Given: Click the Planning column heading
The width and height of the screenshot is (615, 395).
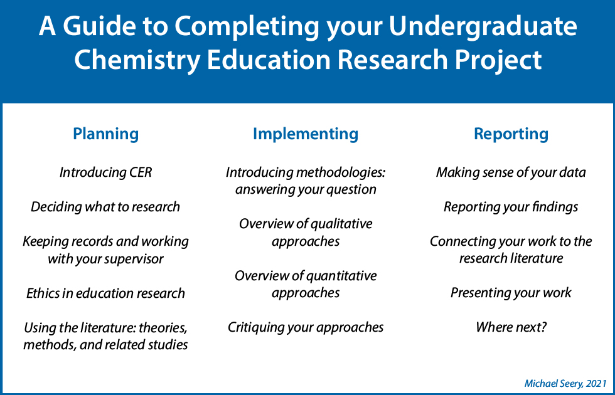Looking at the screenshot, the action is click(106, 134).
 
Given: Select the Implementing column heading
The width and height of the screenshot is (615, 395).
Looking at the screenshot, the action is click(306, 134).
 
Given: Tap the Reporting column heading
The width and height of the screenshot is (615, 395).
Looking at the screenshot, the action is click(511, 134).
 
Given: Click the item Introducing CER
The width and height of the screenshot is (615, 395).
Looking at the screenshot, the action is click(105, 172).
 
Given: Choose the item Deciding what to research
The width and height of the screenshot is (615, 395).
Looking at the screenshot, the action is click(105, 206).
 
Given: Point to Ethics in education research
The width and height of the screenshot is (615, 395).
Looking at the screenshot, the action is click(105, 293).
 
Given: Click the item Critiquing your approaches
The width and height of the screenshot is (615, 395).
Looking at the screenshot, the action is click(306, 327).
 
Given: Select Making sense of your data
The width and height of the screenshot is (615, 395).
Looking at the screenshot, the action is click(511, 172).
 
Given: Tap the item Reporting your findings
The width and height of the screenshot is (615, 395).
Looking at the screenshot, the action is click(511, 206).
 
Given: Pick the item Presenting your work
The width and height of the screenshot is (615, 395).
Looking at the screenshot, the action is click(511, 293).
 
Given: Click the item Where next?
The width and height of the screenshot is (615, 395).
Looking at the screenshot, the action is click(511, 327).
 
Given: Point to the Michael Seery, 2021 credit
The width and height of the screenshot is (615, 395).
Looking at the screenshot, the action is click(565, 382).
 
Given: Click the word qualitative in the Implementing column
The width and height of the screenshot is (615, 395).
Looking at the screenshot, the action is click(341, 224).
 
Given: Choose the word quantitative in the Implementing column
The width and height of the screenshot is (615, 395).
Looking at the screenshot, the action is click(341, 275).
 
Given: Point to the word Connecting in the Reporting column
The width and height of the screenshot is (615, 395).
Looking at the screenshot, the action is click(463, 241).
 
